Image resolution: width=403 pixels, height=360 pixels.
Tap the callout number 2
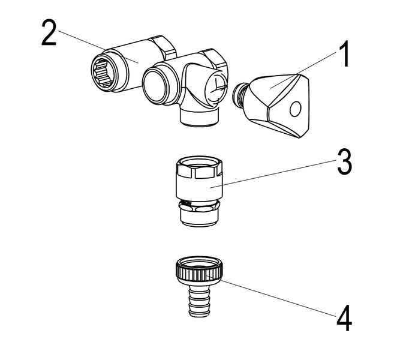click(x=50, y=33)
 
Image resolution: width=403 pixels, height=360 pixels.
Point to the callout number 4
click(x=344, y=319)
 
